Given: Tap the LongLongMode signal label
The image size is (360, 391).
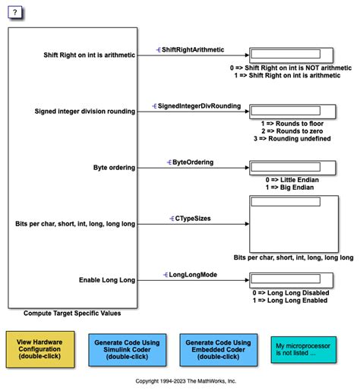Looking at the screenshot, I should (190, 274).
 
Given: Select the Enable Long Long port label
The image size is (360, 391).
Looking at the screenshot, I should (107, 279).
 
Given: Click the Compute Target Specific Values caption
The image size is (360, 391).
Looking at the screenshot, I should (72, 313).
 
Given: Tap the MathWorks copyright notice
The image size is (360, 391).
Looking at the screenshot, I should (186, 381).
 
